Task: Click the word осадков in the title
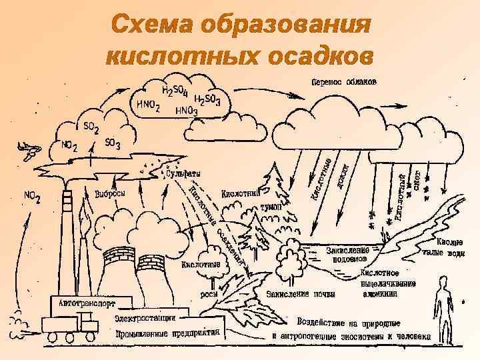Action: coord(313,56)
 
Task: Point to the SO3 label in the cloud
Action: coord(112,143)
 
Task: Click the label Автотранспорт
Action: coord(87,303)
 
